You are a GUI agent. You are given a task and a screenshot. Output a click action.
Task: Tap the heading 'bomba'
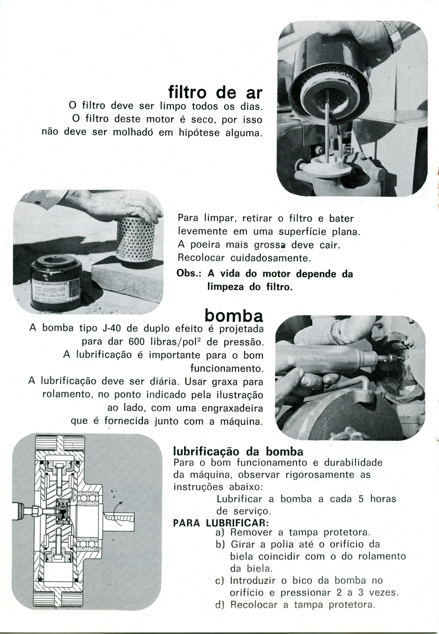[234, 316]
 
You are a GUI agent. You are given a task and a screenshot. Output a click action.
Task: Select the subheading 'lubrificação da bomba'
[238, 452]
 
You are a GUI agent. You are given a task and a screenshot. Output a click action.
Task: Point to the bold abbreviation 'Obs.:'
[189, 274]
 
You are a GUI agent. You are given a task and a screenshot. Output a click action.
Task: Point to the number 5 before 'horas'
[361, 499]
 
